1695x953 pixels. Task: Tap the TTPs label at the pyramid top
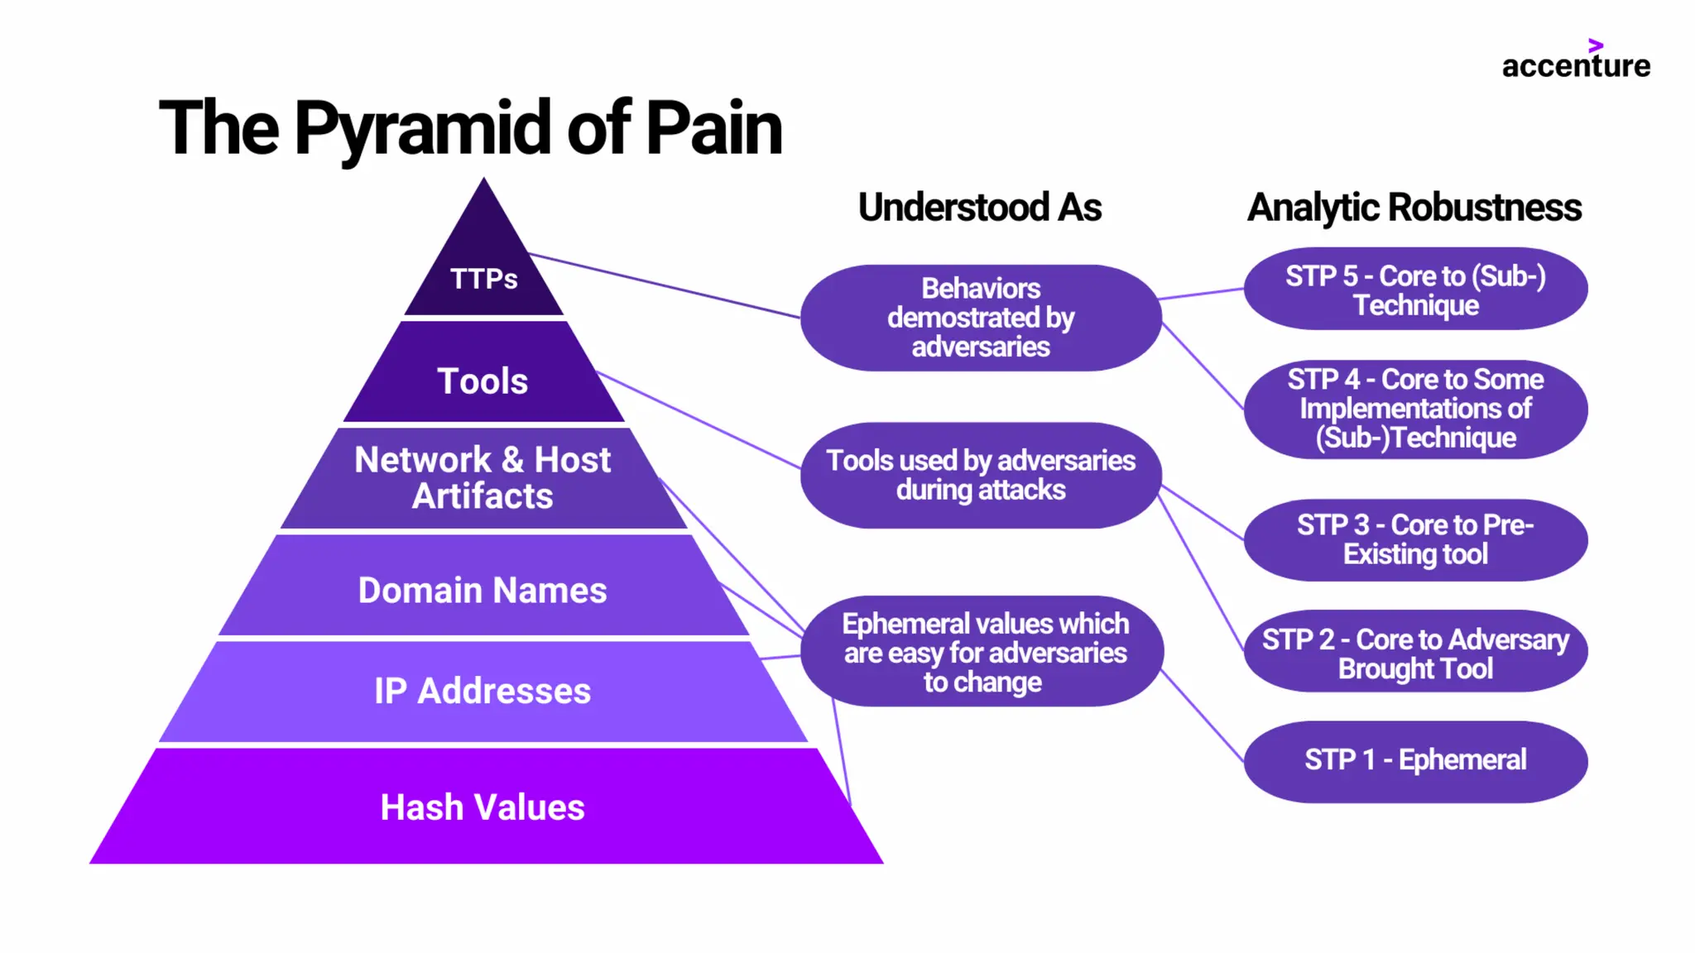[x=483, y=279]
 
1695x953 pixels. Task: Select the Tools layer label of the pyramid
[x=483, y=381]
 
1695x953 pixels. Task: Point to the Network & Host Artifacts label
[x=483, y=477]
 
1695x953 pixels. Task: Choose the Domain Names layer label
[x=483, y=591]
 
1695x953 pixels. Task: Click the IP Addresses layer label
[x=483, y=691]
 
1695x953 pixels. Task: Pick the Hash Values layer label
[x=483, y=807]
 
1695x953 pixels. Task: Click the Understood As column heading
[x=979, y=207]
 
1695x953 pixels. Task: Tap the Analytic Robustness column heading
[x=1414, y=207]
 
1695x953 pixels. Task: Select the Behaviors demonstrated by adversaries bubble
[x=981, y=318]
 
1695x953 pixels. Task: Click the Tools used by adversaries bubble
[x=981, y=475]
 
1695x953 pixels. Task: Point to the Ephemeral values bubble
[x=982, y=652]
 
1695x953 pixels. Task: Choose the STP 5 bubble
[x=1415, y=290]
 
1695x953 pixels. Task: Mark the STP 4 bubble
[x=1415, y=409]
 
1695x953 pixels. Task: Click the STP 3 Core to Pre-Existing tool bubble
[x=1415, y=539]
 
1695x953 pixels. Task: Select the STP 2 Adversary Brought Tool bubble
[x=1415, y=654]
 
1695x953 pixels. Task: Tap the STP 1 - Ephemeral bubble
[x=1415, y=760]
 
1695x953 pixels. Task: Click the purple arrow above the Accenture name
[x=1596, y=45]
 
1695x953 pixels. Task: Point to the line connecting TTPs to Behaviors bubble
[x=662, y=285]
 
